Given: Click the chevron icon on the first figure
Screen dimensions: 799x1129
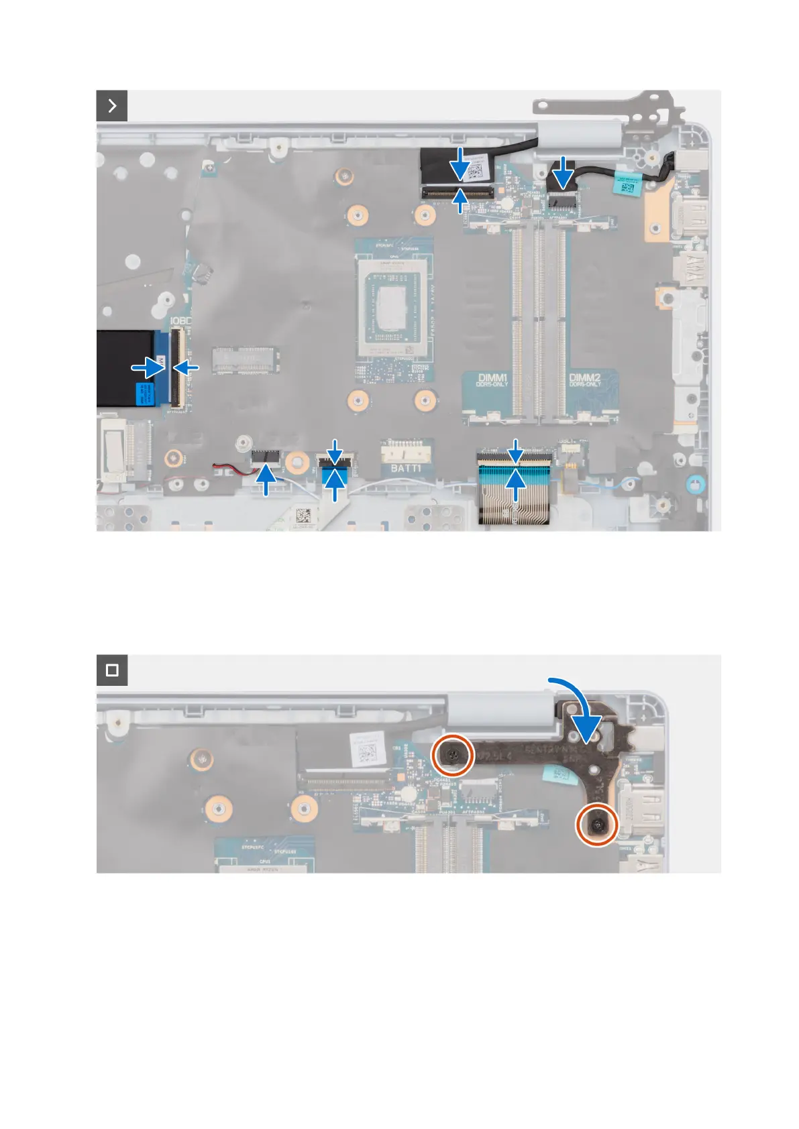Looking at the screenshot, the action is pos(112,106).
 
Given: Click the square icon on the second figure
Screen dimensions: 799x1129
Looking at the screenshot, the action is pos(112,670).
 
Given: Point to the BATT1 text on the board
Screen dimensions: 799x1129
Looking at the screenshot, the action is pos(405,467).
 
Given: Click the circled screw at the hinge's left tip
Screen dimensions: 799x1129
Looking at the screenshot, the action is pos(454,755).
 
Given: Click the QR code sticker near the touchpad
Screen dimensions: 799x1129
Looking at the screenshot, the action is pos(303,516).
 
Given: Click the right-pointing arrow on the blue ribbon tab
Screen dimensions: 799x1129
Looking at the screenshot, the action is pos(148,367).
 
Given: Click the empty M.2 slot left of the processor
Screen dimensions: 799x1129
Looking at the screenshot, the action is pos(246,360).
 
